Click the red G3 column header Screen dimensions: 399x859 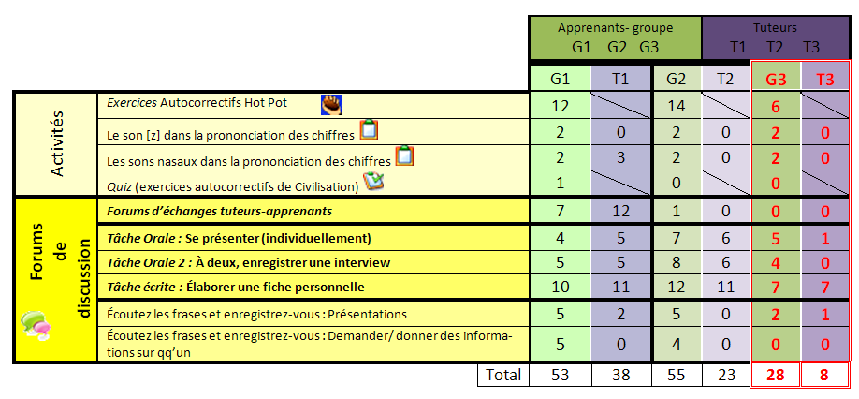(x=776, y=80)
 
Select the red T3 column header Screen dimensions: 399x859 (x=824, y=80)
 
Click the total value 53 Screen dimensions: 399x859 (x=561, y=376)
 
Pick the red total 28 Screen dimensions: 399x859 (x=776, y=376)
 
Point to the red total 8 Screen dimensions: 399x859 (x=824, y=376)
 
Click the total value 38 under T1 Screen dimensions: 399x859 (x=621, y=376)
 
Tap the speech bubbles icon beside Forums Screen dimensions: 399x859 (x=36, y=324)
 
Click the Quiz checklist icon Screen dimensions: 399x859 (x=374, y=182)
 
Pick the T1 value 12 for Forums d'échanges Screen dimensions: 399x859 (x=621, y=212)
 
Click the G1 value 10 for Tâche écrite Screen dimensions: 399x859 (x=561, y=286)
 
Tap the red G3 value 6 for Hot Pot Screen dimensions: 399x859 (x=776, y=107)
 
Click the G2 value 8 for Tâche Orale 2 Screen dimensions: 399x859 (x=678, y=261)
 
